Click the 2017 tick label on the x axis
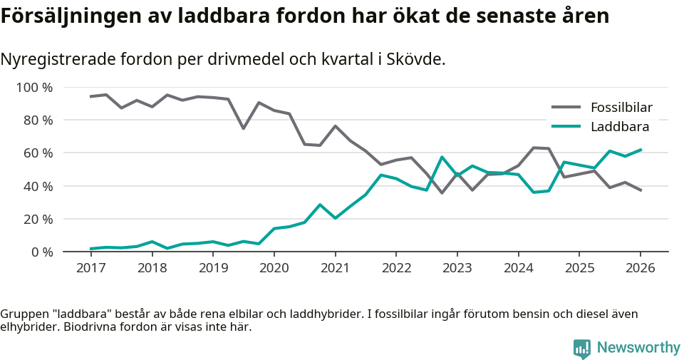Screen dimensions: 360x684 click(x=90, y=268)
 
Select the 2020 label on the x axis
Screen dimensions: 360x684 click(x=274, y=268)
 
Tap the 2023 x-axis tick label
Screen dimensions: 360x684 click(x=457, y=268)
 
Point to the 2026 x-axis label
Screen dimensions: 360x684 click(x=640, y=268)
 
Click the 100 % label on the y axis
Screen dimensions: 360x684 click(x=34, y=88)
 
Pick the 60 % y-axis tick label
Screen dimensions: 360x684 click(x=37, y=153)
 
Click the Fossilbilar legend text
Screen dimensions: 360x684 click(x=621, y=108)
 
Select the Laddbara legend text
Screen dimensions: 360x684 click(x=619, y=127)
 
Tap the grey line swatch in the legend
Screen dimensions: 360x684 click(x=566, y=108)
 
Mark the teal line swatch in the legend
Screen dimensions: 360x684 click(x=566, y=127)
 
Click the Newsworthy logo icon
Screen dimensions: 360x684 click(x=581, y=348)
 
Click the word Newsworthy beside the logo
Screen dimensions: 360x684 click(x=638, y=348)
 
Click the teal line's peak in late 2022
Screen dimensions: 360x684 click(x=442, y=157)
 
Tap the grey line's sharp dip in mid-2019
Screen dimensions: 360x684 click(x=244, y=128)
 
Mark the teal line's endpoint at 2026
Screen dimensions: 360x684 click(x=640, y=150)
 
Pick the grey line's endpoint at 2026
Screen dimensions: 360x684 click(x=640, y=190)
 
